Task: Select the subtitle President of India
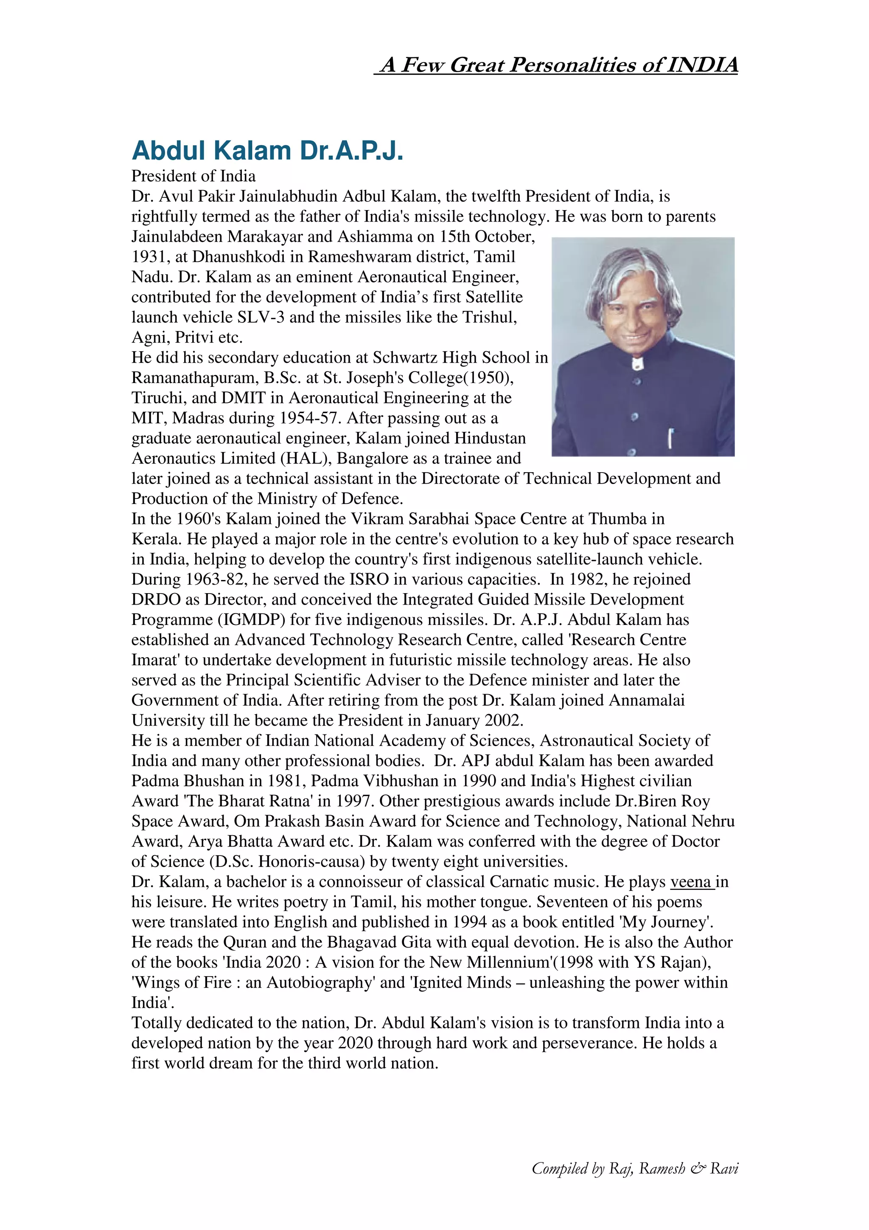(193, 176)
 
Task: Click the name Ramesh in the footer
(662, 1168)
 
